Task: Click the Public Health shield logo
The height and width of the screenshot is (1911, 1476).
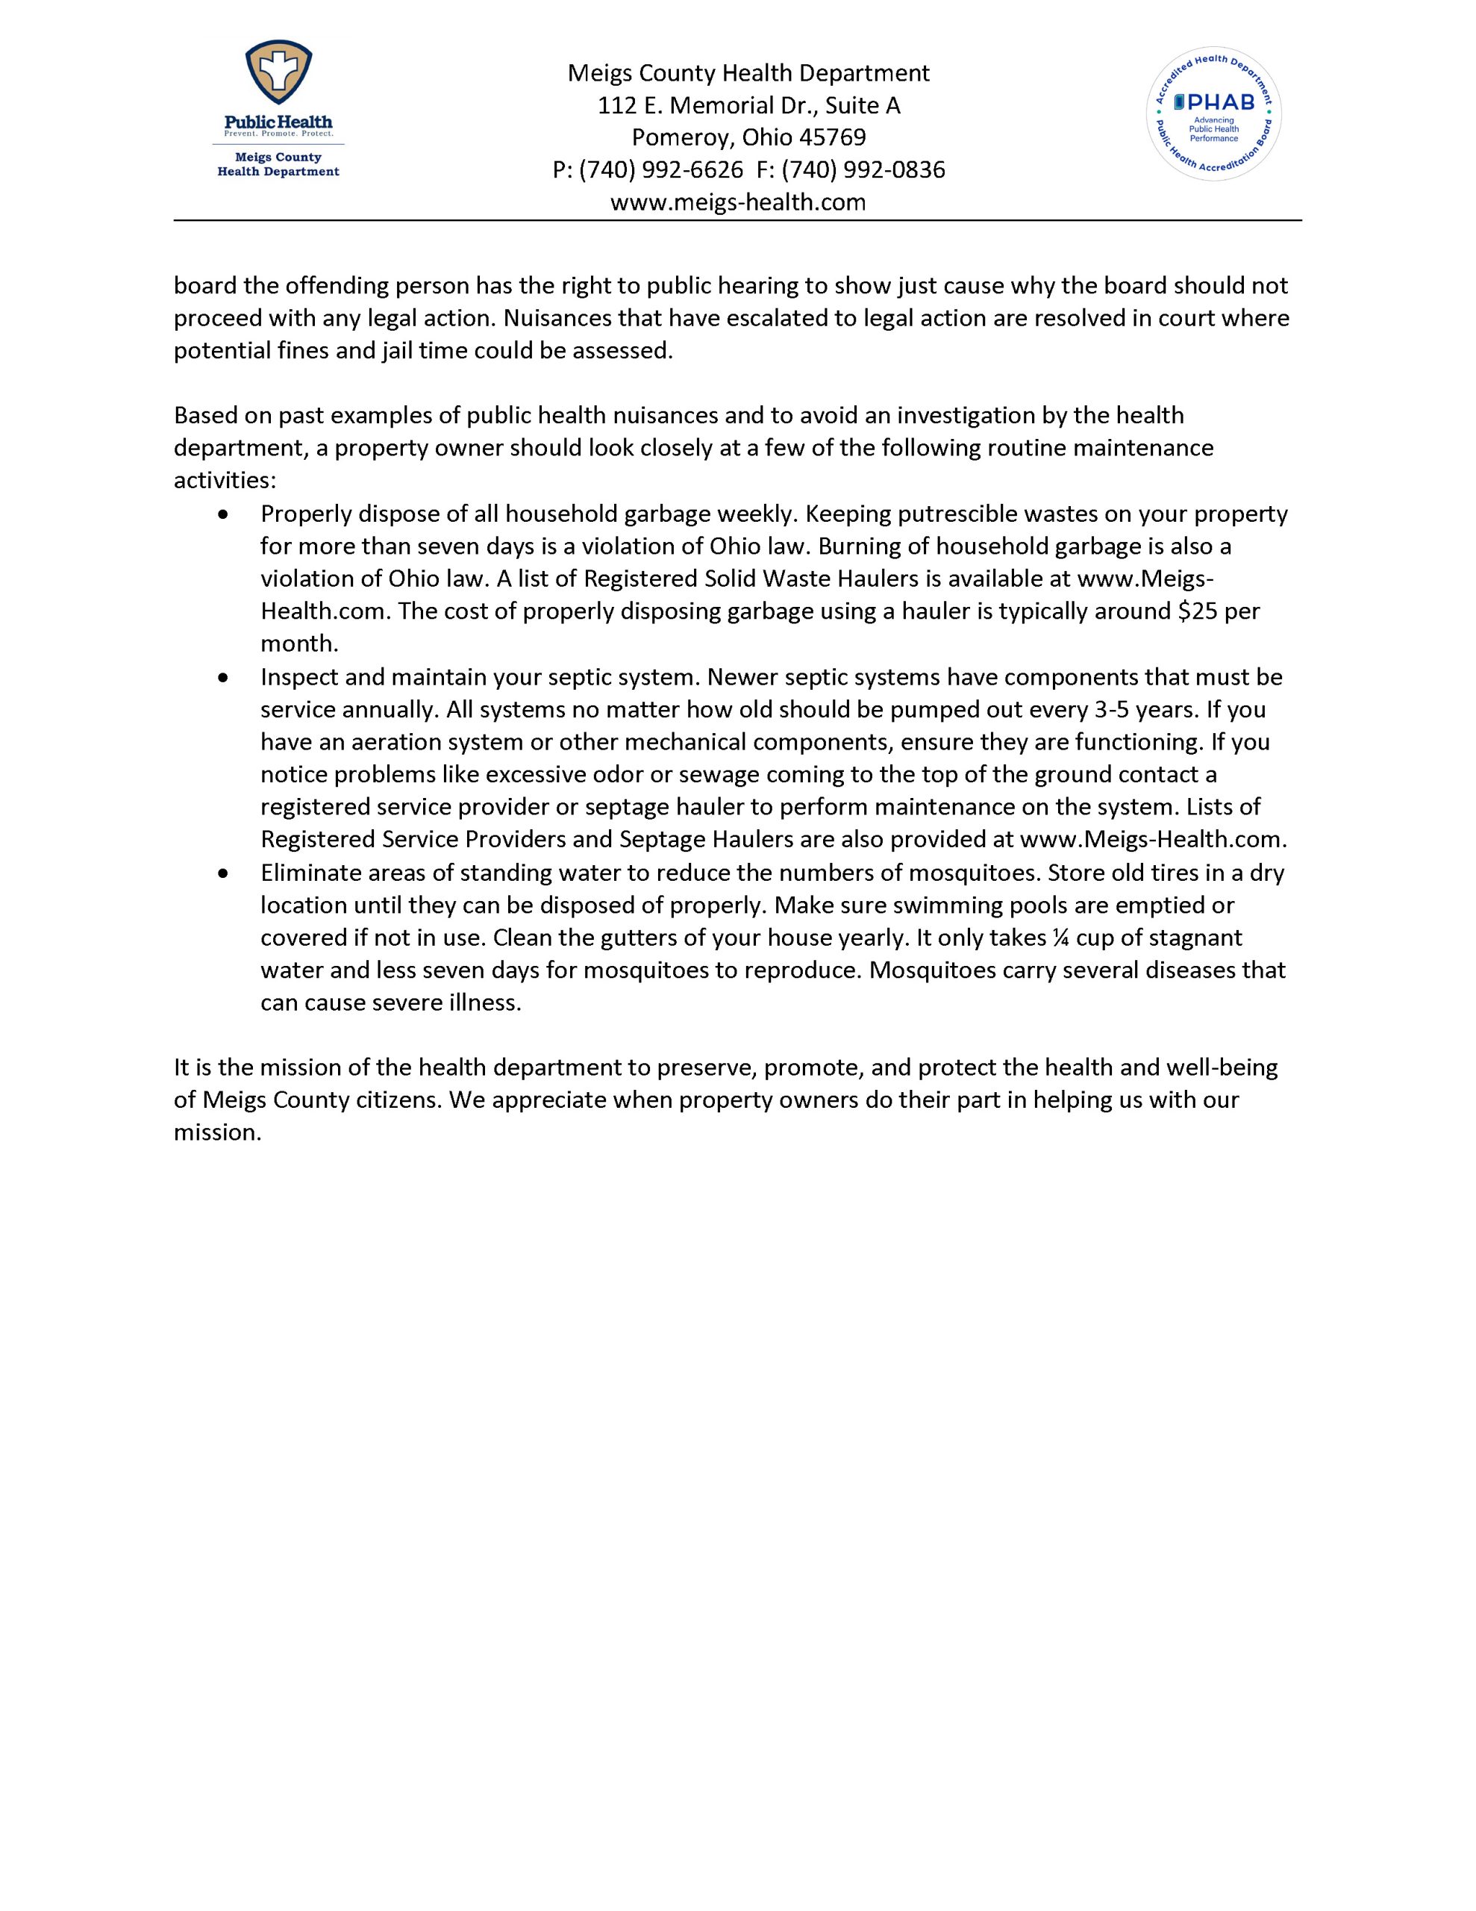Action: [x=278, y=77]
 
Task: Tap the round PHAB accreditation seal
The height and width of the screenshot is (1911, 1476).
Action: [x=1213, y=113]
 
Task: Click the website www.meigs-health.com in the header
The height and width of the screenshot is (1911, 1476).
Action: [x=737, y=202]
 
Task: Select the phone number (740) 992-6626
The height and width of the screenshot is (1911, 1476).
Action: [x=660, y=169]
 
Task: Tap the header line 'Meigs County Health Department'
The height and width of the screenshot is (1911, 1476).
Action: [x=748, y=72]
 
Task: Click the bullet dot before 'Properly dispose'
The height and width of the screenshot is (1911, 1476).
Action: [x=225, y=514]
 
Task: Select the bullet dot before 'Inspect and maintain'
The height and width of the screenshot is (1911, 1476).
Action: [x=225, y=677]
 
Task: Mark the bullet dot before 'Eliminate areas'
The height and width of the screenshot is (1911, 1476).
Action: [x=225, y=873]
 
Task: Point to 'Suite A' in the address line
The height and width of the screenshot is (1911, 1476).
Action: [x=863, y=105]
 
